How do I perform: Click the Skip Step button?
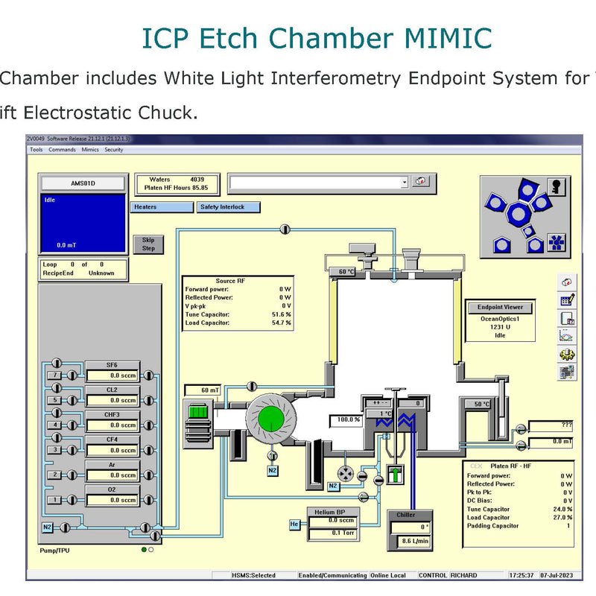point(148,244)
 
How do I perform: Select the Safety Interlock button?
point(229,207)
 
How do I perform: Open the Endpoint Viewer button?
point(500,307)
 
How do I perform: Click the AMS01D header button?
point(83,183)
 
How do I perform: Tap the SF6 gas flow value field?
point(112,375)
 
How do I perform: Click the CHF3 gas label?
point(112,415)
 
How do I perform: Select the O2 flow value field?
point(112,500)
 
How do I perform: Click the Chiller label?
point(406,515)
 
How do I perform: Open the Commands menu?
point(62,150)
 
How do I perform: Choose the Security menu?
point(113,150)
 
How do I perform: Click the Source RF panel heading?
point(230,281)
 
